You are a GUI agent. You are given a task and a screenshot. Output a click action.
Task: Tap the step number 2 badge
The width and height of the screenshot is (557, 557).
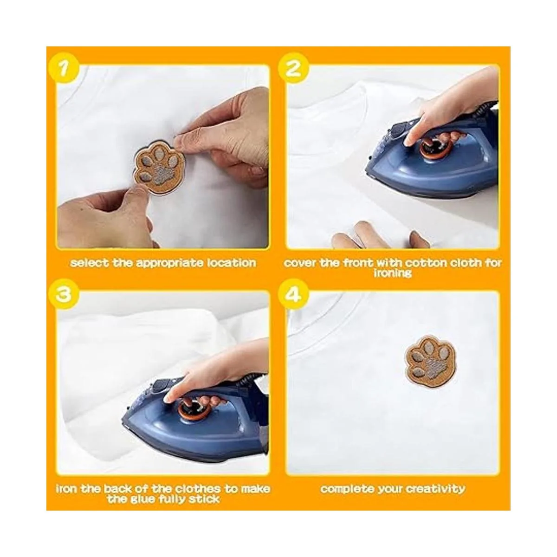point(292,69)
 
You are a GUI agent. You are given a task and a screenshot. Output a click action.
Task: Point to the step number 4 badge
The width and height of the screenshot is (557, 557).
point(292,295)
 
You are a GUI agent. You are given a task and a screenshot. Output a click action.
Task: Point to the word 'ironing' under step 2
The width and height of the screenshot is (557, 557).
point(392,273)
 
